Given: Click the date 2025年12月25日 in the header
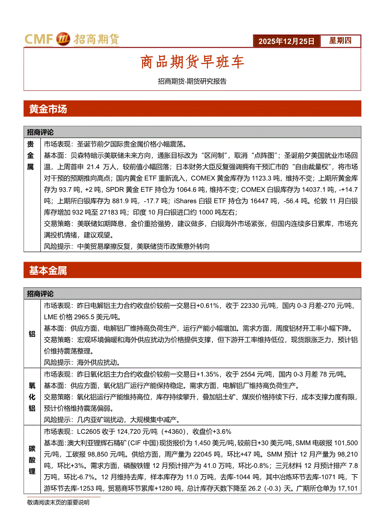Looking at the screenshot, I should (x=286, y=41).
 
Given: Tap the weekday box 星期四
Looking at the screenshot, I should (x=340, y=41).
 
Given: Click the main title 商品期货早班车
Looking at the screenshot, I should (x=192, y=62).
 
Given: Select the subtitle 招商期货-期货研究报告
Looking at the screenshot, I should (x=192, y=82).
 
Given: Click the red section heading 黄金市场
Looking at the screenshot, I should (x=48, y=109).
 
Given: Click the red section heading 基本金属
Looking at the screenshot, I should (x=48, y=271).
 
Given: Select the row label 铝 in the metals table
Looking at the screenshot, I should (x=32, y=334).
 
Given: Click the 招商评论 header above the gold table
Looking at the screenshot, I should (x=40, y=132).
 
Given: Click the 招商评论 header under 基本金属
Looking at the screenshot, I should (x=40, y=294).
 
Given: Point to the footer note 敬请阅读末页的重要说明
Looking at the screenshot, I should (x=58, y=502).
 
